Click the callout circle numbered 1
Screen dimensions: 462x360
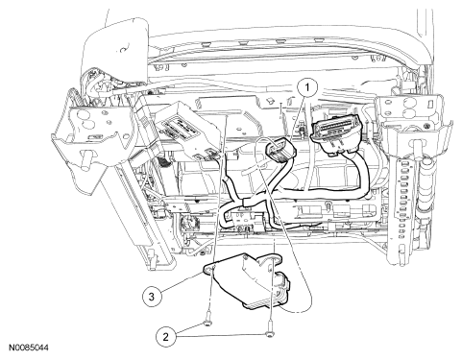pos(307,86)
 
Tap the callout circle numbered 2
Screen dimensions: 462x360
pos(166,337)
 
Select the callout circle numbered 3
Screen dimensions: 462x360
pos(152,297)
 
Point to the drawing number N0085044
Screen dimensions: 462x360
pos(29,348)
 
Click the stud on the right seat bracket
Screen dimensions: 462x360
pos(417,148)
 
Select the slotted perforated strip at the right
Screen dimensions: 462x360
pos(402,199)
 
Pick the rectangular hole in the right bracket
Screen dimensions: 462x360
pos(431,103)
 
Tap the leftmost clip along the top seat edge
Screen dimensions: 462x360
pos(206,42)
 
